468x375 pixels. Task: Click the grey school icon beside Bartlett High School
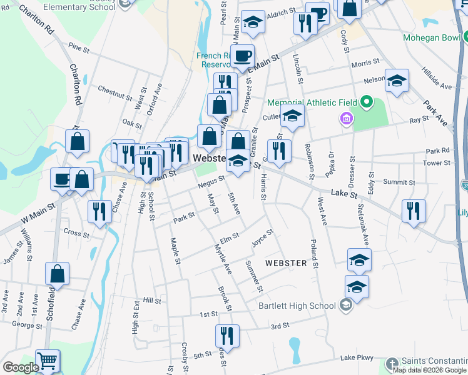click(345, 306)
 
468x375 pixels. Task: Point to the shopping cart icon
click(48, 361)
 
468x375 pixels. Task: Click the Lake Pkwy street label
click(357, 357)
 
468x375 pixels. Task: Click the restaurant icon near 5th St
click(227, 336)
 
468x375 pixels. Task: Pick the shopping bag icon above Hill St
click(57, 274)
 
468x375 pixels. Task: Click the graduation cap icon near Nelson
click(397, 81)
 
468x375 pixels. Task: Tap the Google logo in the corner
click(21, 367)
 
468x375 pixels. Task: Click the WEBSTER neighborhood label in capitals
click(286, 263)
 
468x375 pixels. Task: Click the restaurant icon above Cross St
click(99, 211)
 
